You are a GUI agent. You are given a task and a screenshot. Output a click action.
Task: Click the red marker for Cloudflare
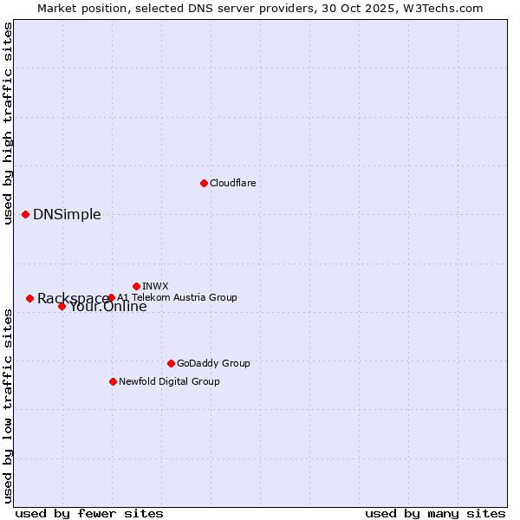point(204,183)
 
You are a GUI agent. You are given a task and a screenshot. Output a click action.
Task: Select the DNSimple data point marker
point(26,214)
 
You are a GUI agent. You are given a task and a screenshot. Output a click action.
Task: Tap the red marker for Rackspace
point(29,298)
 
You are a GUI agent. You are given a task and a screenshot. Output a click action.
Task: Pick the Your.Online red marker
point(62,306)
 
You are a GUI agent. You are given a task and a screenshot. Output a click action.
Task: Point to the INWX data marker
point(136,286)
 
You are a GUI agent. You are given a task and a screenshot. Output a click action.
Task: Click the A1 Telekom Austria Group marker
point(111,297)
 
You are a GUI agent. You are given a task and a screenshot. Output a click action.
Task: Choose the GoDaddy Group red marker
point(171,363)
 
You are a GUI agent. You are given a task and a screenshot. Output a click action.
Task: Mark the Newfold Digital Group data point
point(113,381)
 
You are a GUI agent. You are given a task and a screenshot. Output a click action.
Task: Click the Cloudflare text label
point(232,183)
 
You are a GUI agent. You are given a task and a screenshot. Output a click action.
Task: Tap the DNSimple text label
point(67,215)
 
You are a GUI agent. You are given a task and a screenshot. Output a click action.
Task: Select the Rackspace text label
point(73,299)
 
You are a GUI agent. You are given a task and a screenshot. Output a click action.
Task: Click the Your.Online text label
point(108,307)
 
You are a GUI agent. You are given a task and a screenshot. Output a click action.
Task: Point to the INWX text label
point(155,286)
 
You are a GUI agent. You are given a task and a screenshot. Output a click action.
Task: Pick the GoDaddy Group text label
point(213,363)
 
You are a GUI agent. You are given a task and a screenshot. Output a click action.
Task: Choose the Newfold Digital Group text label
point(169,381)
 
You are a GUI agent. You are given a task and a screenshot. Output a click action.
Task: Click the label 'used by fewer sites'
point(89,513)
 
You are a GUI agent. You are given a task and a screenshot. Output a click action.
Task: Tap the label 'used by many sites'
point(435,513)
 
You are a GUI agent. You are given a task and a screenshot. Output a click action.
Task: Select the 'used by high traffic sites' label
point(8,123)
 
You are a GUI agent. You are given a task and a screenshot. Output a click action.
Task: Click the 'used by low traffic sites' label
point(8,406)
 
